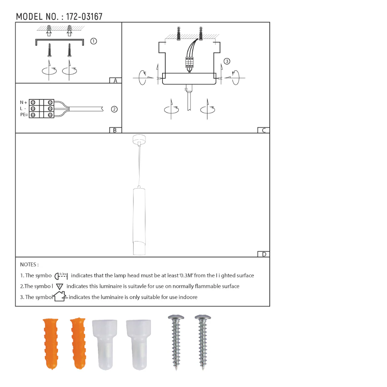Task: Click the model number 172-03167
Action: coord(84,17)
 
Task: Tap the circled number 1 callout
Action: coord(93,41)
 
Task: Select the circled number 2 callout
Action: coord(114,109)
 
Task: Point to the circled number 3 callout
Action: coord(227,61)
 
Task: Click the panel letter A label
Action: coord(115,80)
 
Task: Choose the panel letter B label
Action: coord(115,130)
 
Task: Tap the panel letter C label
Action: coord(264,130)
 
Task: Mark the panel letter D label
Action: coord(264,254)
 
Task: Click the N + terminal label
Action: coord(24,103)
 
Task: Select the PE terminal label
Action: coord(24,115)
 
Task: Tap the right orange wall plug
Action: coord(78,344)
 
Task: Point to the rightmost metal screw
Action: coord(203,341)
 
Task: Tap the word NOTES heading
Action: coord(29,265)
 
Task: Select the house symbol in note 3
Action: coord(60,297)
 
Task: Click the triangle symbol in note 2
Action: coord(60,286)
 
